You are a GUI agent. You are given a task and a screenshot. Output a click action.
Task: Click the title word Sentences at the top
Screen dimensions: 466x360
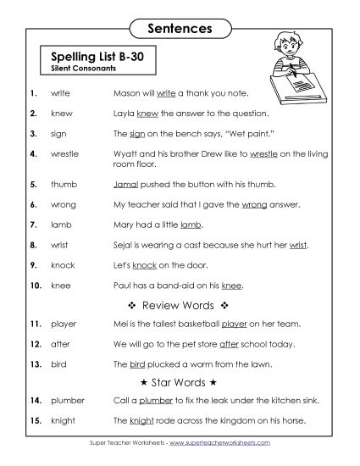click(x=179, y=28)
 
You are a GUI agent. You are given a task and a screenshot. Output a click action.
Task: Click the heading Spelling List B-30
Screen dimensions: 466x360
click(x=96, y=56)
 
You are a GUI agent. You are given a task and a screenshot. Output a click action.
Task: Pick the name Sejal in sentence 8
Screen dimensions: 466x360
click(x=123, y=246)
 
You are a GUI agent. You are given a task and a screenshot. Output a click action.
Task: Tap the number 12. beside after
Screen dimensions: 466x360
click(x=35, y=345)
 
